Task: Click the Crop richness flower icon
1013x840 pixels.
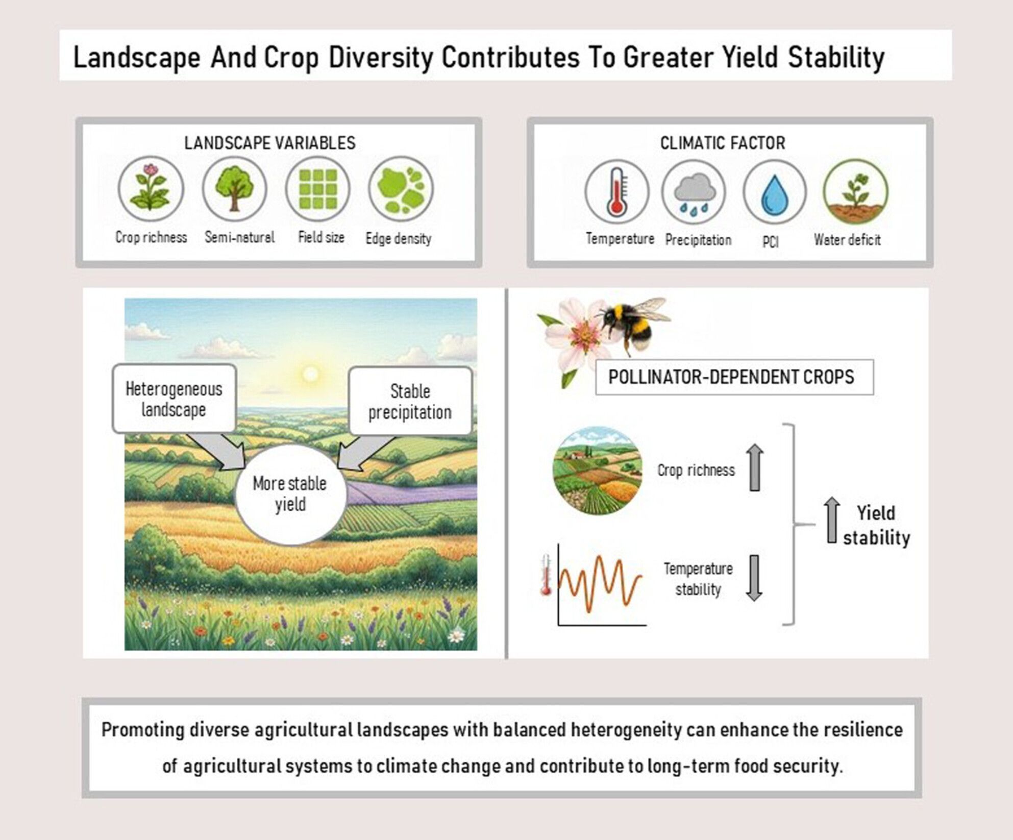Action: pos(151,189)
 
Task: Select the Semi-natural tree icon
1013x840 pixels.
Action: pos(234,188)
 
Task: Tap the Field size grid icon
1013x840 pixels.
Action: pos(317,188)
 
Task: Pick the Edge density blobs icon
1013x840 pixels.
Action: pos(401,189)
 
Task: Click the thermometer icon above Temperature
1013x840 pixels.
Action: pos(616,192)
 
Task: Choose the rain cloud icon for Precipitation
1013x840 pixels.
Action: pos(694,192)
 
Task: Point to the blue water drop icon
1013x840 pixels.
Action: pos(774,192)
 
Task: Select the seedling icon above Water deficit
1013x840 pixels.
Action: pos(855,192)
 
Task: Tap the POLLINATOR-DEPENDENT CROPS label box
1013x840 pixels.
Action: pos(734,377)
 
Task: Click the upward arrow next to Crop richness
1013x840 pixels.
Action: pos(755,467)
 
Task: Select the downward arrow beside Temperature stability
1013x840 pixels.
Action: pos(754,578)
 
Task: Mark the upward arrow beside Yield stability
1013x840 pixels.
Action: pos(832,520)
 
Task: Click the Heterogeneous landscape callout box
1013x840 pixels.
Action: pos(174,399)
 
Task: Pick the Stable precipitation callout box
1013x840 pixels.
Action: pos(410,401)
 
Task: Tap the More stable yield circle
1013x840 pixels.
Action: pos(290,494)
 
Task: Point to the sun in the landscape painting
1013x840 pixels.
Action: pos(310,375)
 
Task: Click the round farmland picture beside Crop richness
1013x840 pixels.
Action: pos(598,470)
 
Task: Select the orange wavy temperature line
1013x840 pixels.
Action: pos(600,584)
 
